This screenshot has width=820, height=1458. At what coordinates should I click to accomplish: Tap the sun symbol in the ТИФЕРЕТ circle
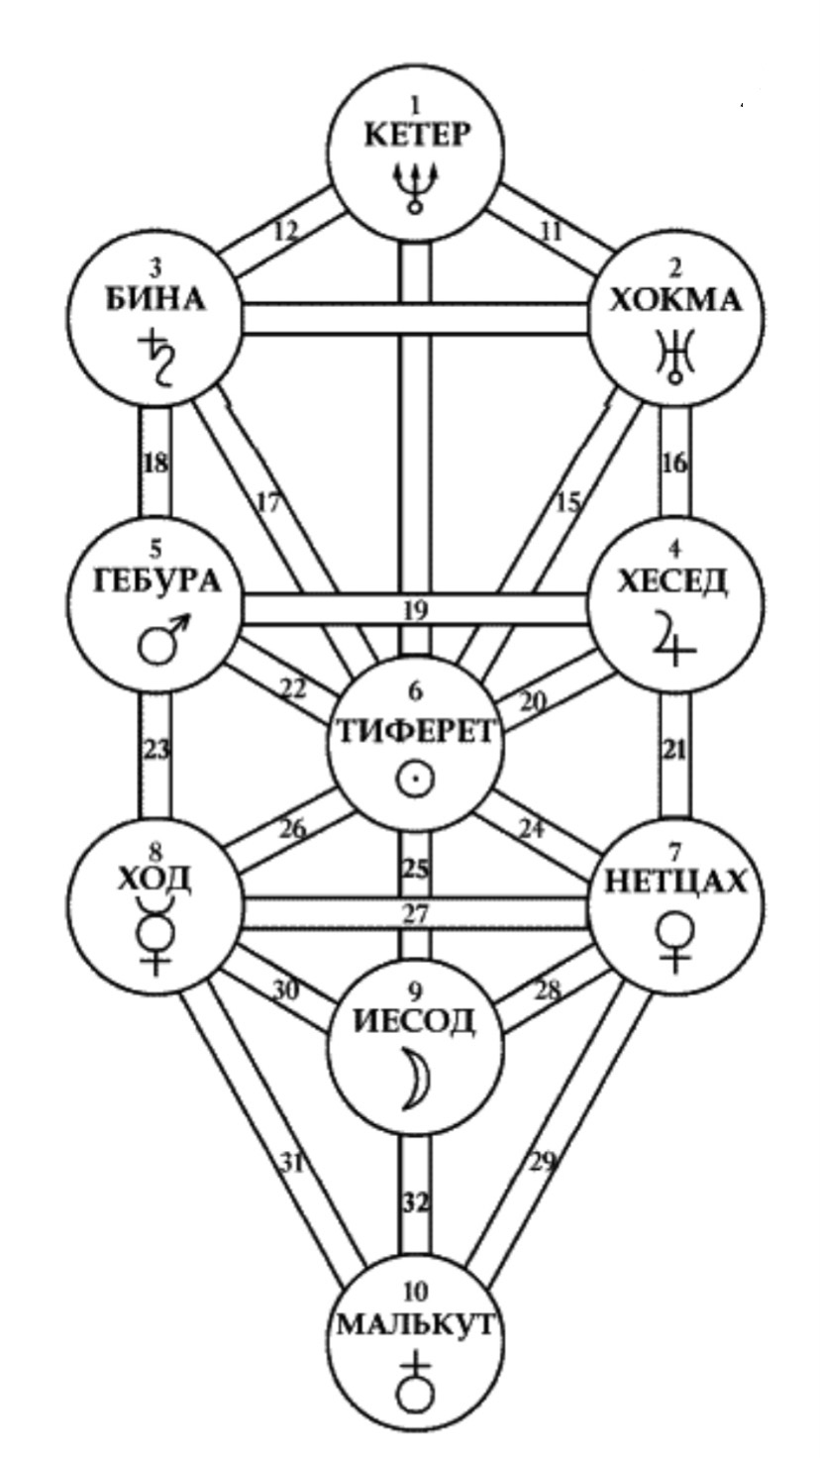(415, 780)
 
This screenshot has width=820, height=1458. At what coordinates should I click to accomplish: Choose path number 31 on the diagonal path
(289, 1163)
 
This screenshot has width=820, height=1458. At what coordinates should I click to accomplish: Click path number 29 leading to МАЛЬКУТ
(541, 1163)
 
